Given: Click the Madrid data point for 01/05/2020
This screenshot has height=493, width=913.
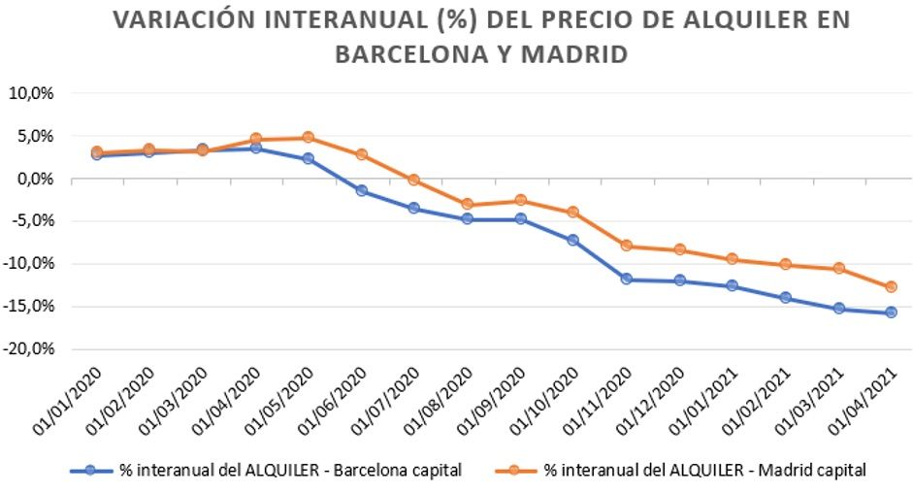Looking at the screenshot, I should pyautogui.click(x=308, y=138).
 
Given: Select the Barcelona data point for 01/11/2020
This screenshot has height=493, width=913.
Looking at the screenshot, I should pyautogui.click(x=626, y=279).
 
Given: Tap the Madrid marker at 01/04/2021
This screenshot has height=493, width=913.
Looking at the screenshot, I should pyautogui.click(x=891, y=287).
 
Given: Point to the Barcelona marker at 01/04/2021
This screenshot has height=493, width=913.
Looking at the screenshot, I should pyautogui.click(x=891, y=312).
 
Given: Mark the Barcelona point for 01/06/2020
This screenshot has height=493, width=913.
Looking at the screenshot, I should pyautogui.click(x=361, y=190).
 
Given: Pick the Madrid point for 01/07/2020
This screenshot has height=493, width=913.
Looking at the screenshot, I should pyautogui.click(x=414, y=180).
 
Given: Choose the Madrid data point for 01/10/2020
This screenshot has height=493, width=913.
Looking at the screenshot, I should pyautogui.click(x=572, y=212).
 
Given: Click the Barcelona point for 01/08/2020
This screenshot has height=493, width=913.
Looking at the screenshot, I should pyautogui.click(x=467, y=219).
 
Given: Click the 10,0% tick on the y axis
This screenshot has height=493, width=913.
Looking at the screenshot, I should pyautogui.click(x=30, y=94).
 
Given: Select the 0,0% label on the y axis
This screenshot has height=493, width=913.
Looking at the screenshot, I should pyautogui.click(x=33, y=180).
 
